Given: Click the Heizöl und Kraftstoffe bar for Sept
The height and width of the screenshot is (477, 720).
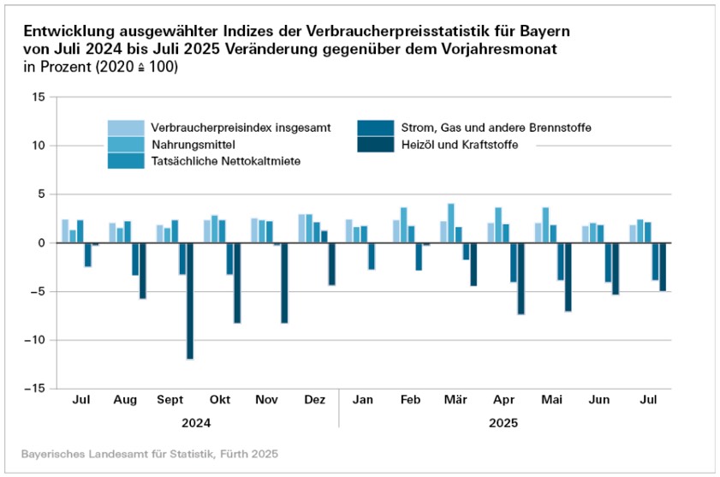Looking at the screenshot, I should (190, 301).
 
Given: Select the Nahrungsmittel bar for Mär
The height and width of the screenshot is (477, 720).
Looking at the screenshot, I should (451, 224).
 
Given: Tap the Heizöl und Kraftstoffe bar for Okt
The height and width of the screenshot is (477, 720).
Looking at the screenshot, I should (237, 283).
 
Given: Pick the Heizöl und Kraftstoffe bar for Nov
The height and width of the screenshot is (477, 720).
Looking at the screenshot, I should (284, 283).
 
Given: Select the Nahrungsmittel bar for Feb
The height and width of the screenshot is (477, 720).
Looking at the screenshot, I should (404, 225).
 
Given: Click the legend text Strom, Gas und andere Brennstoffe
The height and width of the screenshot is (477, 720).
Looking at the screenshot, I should (496, 128).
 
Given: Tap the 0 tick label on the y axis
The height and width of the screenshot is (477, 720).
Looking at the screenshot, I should (41, 242).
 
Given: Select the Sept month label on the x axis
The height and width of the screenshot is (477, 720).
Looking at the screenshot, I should (171, 401).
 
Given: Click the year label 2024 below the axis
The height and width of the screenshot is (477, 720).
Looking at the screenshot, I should (196, 423).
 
